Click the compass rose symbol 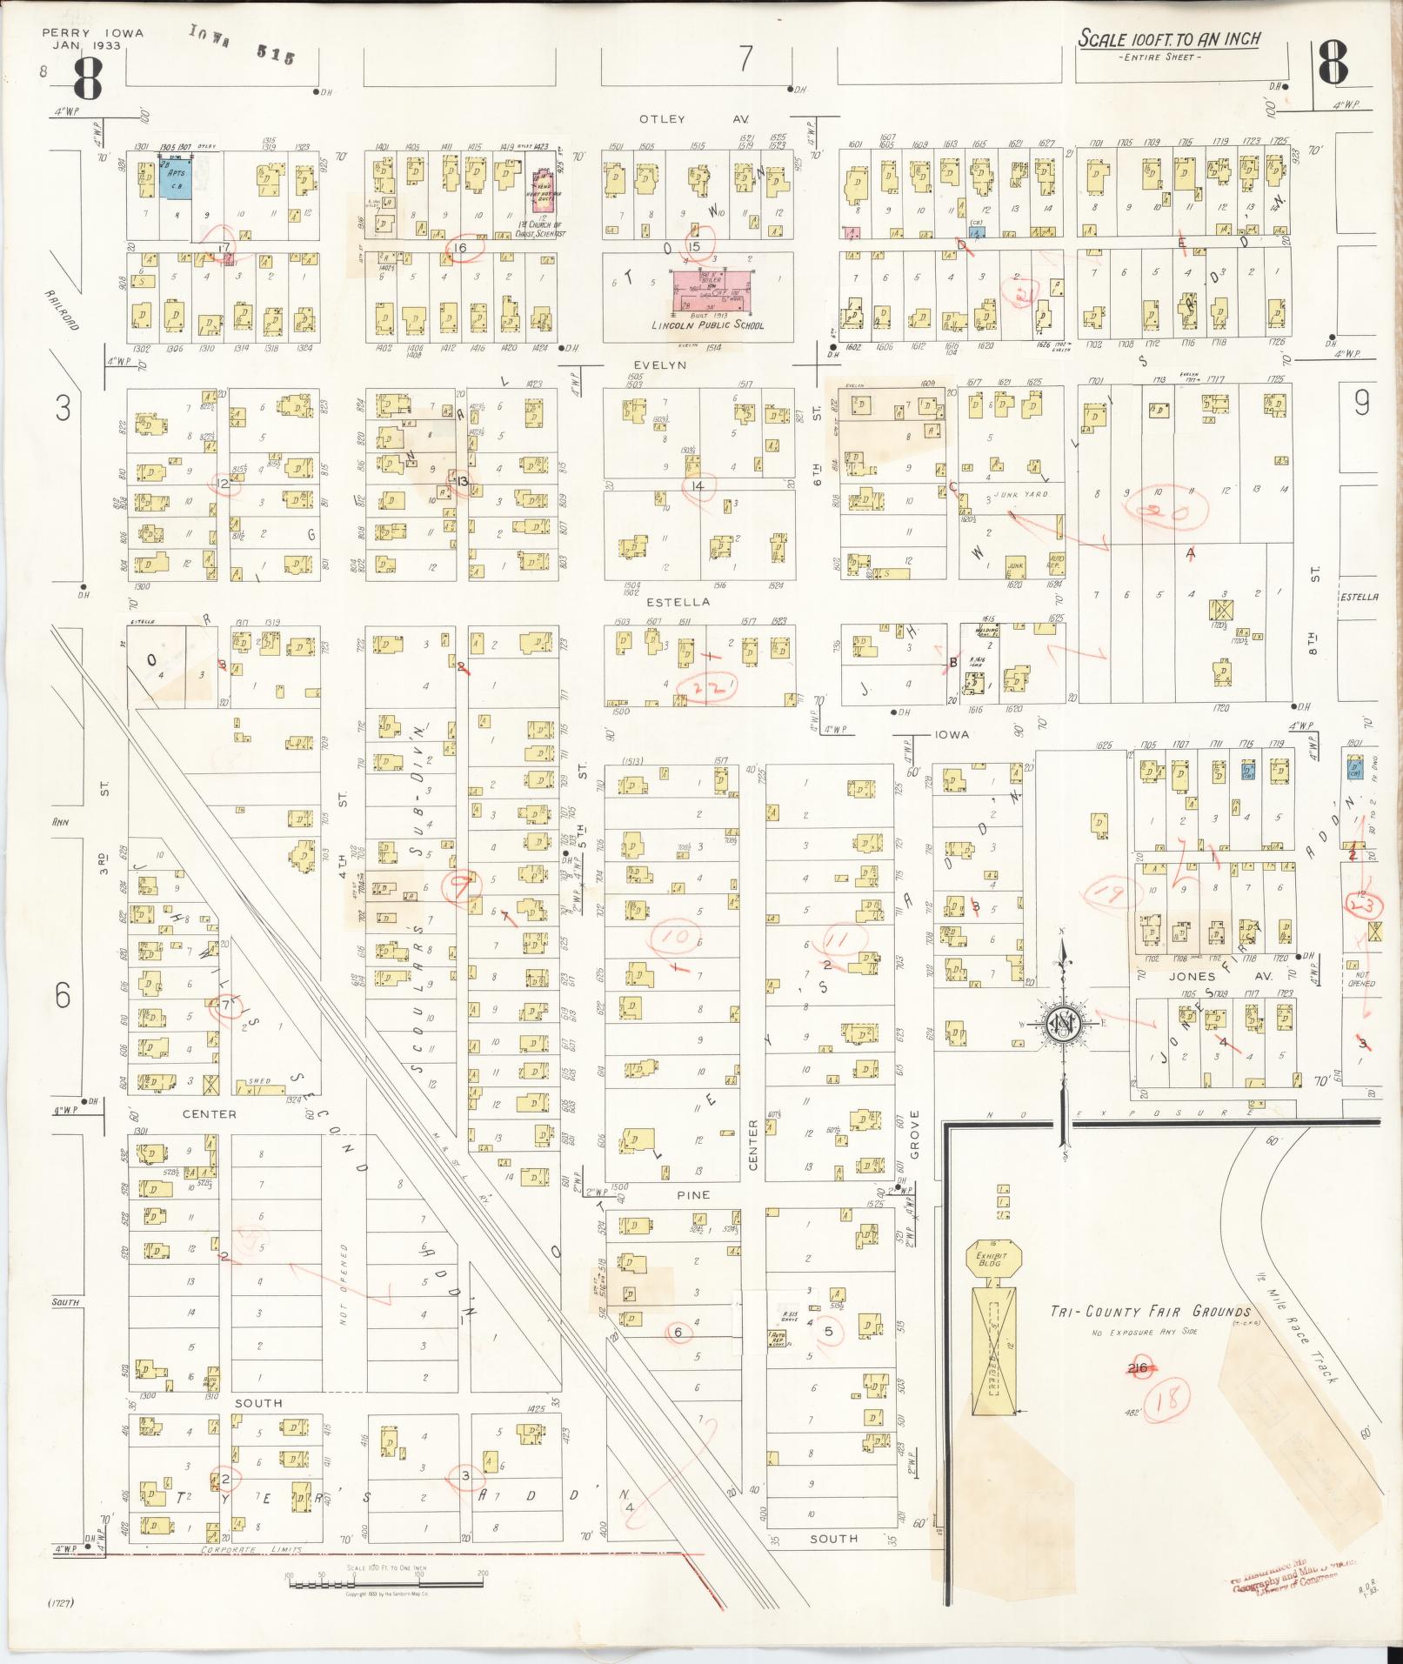click(x=1062, y=1023)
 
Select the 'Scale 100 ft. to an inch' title click(x=1168, y=40)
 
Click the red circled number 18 click(x=1172, y=1400)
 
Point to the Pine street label click(x=693, y=1195)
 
